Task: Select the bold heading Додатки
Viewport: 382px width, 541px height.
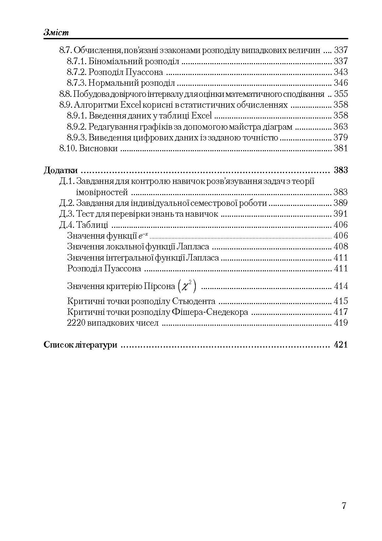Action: [x=61, y=170]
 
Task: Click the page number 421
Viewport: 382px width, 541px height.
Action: [x=340, y=345]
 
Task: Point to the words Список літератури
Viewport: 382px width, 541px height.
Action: [x=80, y=345]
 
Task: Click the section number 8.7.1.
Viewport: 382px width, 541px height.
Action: [x=77, y=61]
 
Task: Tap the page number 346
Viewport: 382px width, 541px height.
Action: [x=340, y=83]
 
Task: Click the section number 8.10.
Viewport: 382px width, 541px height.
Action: [x=68, y=148]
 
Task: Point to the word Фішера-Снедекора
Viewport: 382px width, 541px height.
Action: [x=209, y=312]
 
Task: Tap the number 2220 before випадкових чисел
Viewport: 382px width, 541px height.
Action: [x=76, y=323]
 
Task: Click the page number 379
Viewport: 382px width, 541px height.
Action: [x=340, y=137]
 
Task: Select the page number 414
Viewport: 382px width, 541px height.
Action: [x=340, y=286]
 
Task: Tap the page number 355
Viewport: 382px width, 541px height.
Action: [x=340, y=94]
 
